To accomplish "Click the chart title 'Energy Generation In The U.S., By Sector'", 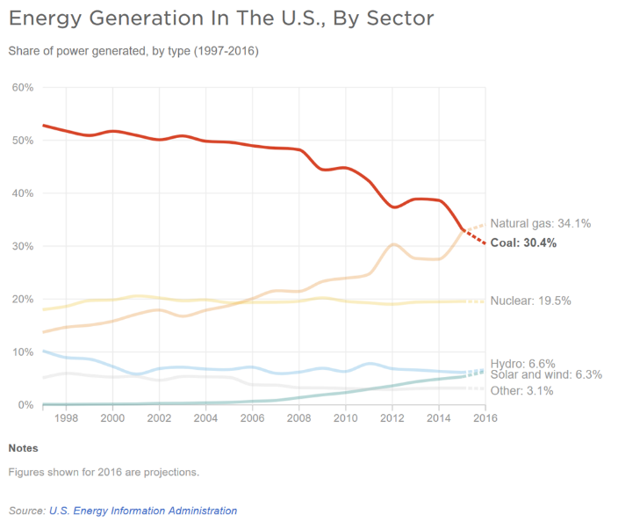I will pos(220,18).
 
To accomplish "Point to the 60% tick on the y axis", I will pos(22,88).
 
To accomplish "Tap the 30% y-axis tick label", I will pos(22,246).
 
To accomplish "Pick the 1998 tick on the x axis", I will pos(66,419).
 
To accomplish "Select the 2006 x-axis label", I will pos(252,419).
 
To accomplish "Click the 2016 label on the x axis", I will pos(485,419).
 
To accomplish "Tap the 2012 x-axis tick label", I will pos(392,419).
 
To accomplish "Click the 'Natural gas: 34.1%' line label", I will pos(540,224).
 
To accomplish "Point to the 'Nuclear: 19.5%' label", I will pos(530,301).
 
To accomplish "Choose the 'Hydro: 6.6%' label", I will pos(523,362).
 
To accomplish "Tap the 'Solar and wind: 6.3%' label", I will pos(546,375).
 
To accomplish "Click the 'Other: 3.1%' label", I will pos(521,391).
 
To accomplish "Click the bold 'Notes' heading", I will pos(23,448).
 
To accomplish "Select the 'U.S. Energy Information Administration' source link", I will pos(144,511).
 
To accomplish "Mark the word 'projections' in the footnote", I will pos(170,472).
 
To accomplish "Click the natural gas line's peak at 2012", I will pos(393,244).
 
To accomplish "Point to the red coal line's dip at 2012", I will pos(395,207).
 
